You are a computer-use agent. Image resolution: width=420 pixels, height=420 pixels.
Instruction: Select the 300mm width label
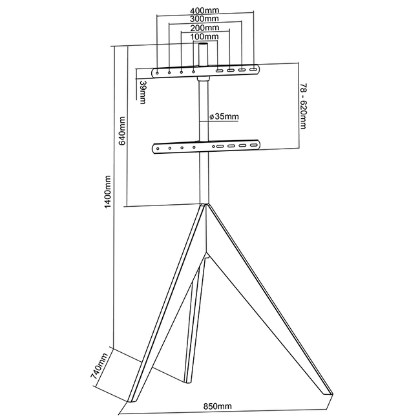tap(204, 19)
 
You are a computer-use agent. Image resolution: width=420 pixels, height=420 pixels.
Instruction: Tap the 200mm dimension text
tap(204, 28)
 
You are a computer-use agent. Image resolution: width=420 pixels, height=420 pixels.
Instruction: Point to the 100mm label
tap(204, 37)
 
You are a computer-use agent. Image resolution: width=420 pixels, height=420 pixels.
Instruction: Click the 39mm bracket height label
tap(142, 92)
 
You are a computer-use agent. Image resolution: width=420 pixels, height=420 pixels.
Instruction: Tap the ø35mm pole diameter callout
tap(224, 117)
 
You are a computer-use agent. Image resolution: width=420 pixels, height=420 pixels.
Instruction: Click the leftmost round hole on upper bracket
tap(158, 71)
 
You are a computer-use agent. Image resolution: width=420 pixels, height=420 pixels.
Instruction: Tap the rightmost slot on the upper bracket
tap(253, 70)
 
